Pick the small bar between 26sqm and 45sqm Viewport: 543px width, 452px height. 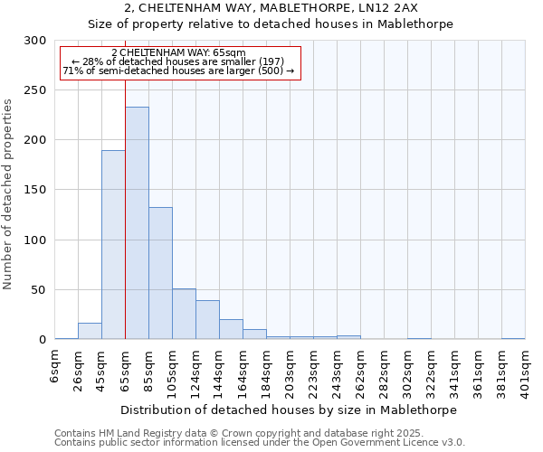(x=90, y=331)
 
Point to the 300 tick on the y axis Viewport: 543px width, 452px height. (x=35, y=41)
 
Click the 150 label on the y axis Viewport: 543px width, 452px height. (x=35, y=191)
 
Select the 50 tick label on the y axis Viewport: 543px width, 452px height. (x=39, y=290)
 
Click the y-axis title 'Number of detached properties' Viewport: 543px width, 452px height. (x=8, y=194)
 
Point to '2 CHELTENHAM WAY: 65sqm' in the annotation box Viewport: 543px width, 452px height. (x=178, y=53)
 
